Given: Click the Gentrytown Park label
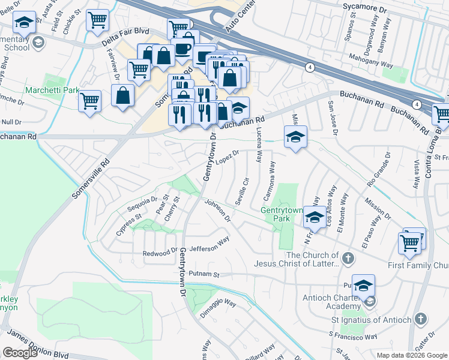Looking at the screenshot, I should pos(276,214).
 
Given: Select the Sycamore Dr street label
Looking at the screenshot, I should pos(381,10).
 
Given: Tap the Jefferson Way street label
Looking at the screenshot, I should pos(209,244).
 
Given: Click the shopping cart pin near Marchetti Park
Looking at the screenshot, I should pos(89,100).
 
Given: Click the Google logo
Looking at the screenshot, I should pos(20,353).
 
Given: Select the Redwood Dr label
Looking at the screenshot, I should pos(160,253).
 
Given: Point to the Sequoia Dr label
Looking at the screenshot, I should pos(142,204).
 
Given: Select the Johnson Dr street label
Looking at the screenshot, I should pos(217,211).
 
